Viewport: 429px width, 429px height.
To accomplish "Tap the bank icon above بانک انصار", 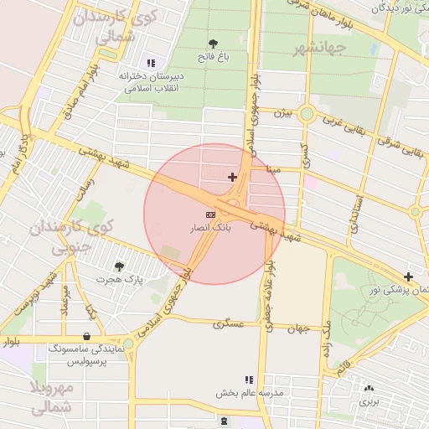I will click(x=209, y=214).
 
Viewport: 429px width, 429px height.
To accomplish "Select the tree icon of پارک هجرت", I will click(x=118, y=266).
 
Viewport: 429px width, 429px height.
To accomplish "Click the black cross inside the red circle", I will click(x=232, y=177).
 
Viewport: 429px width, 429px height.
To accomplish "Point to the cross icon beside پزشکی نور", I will click(x=408, y=277).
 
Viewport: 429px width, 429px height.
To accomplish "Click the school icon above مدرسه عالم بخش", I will click(x=248, y=380).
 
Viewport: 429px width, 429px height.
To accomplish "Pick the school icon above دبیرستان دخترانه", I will click(x=151, y=62).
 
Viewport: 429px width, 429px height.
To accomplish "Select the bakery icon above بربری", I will click(x=369, y=388).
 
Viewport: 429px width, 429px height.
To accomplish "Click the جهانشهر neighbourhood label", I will click(x=318, y=49).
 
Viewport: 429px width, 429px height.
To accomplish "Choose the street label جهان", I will click(x=302, y=328).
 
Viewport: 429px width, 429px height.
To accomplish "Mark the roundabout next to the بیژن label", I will click(x=307, y=114).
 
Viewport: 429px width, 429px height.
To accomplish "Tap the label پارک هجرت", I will click(x=119, y=278).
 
